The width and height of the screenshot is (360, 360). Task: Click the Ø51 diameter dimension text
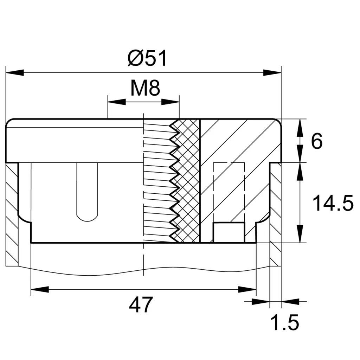click(x=147, y=58)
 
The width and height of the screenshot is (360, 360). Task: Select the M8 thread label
click(x=145, y=89)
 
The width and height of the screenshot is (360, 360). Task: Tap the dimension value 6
click(x=317, y=142)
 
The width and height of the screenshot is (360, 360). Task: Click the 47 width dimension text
click(x=141, y=305)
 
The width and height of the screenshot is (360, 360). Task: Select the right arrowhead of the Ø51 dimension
click(x=273, y=73)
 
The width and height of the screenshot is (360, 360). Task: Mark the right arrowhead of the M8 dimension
click(x=171, y=102)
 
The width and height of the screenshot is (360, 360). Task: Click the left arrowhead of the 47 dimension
click(x=39, y=289)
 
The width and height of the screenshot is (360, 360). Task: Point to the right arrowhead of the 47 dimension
click(x=247, y=289)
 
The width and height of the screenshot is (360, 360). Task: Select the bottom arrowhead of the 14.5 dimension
click(x=300, y=234)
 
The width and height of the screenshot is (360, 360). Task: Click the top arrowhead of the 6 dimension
click(x=300, y=128)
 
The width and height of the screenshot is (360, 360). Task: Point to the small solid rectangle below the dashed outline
click(x=229, y=232)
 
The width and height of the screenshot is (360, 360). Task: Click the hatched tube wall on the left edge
click(x=12, y=214)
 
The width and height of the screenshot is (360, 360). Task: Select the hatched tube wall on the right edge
click(x=276, y=214)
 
